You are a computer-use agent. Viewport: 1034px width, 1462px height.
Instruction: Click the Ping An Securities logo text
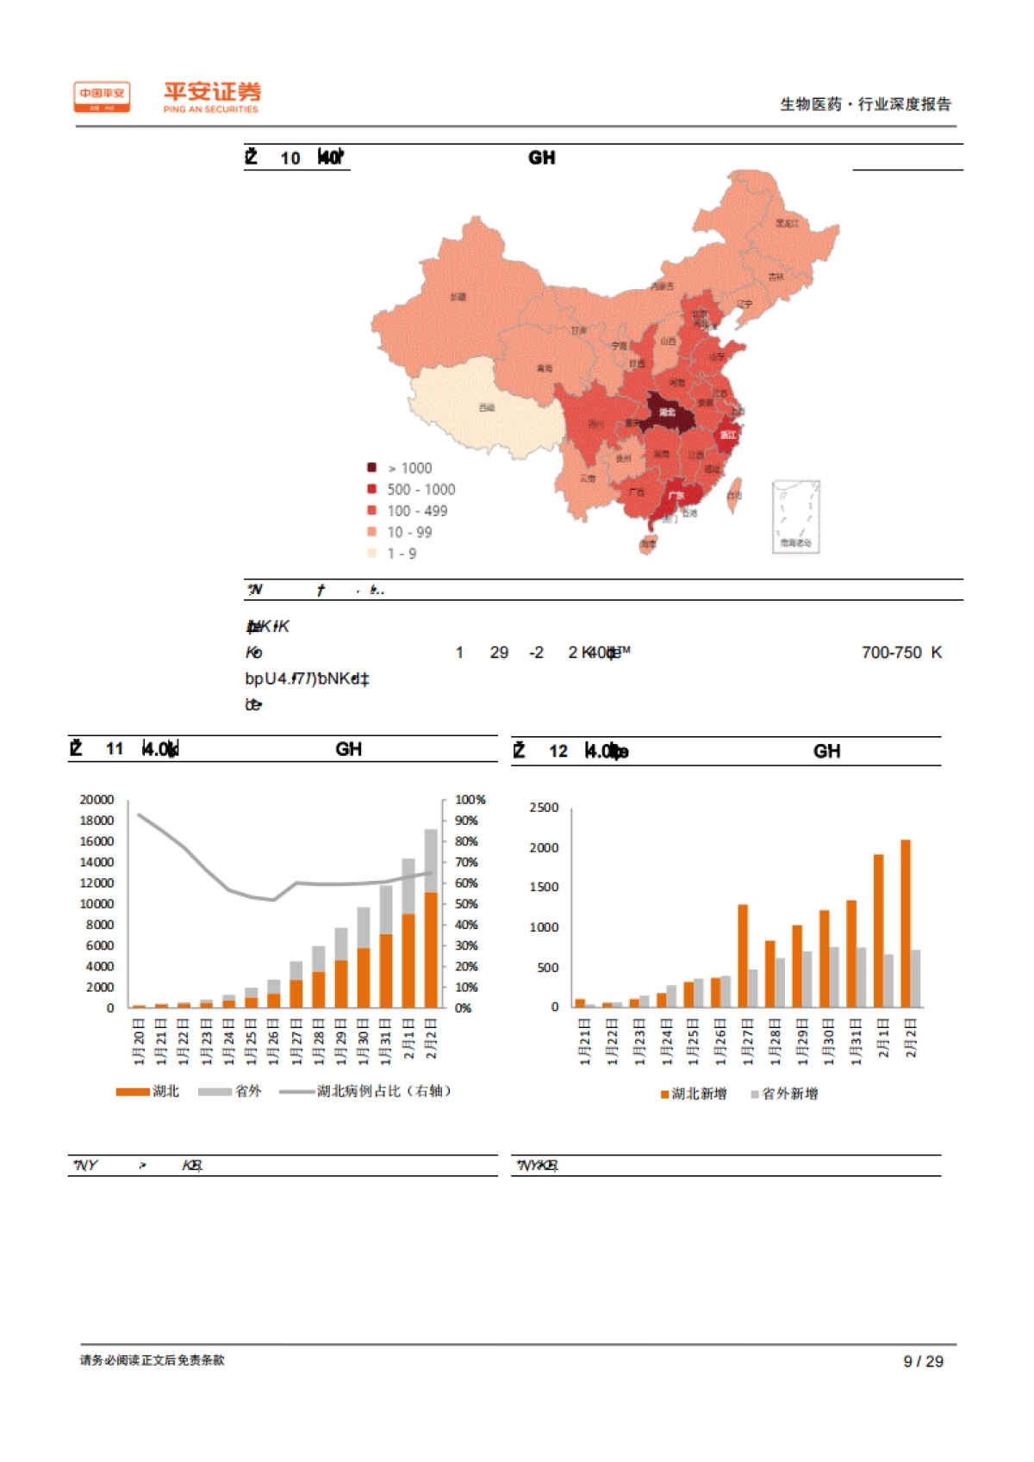pos(211,96)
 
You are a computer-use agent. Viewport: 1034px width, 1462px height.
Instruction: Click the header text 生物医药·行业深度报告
pos(865,104)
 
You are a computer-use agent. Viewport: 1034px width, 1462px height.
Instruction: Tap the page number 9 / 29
pos(923,1361)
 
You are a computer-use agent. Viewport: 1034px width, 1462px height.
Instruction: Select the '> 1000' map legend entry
pos(408,468)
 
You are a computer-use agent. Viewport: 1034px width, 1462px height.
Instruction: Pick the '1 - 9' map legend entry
pos(401,554)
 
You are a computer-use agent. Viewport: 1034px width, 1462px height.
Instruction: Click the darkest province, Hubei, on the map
pos(669,413)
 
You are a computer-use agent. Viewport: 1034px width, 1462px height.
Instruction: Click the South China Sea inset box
pos(795,516)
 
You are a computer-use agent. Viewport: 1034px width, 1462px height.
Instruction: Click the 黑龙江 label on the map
pos(787,223)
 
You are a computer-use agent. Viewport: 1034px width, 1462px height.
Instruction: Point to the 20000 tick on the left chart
pos(97,800)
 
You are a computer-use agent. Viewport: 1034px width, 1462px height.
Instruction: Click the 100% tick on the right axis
pos(470,800)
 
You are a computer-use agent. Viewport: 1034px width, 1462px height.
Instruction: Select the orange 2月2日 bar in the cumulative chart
pos(431,950)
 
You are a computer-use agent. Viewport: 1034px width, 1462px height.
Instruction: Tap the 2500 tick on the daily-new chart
pos(544,808)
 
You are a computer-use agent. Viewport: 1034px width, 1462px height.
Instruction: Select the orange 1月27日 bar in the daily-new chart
pos(743,956)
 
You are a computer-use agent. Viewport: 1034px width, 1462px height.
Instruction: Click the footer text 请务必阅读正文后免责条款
pos(153,1360)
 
